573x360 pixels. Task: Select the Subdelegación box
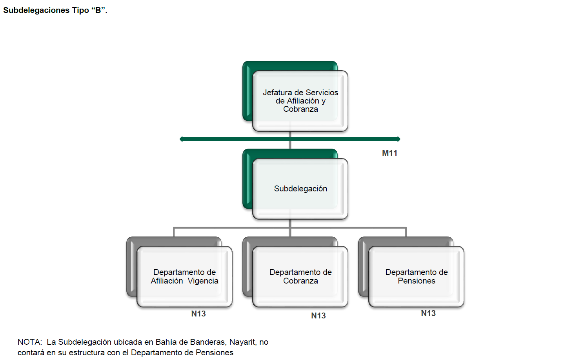(300, 189)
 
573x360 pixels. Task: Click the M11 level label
(389, 153)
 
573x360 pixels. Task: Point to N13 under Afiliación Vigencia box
(198, 314)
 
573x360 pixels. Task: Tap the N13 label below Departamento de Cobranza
(318, 316)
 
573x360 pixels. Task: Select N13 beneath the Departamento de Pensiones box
(428, 313)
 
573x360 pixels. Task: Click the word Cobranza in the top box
(300, 109)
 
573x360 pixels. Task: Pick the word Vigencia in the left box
(203, 281)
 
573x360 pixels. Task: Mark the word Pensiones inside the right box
(417, 281)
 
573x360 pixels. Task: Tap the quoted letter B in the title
(98, 10)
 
